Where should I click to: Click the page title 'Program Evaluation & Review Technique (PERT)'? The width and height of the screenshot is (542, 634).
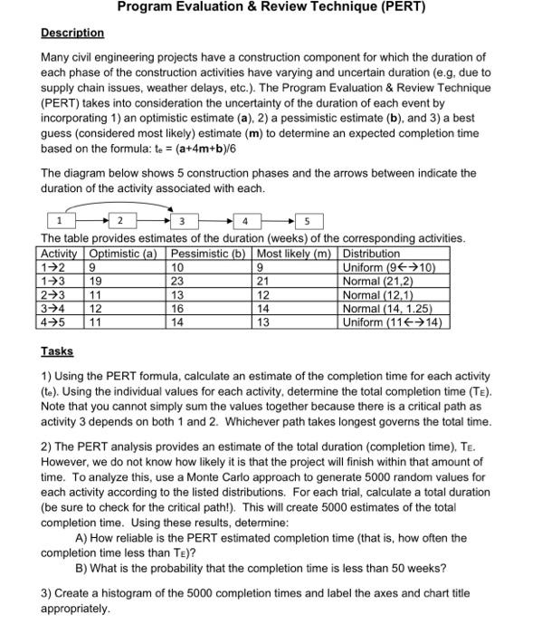click(271, 8)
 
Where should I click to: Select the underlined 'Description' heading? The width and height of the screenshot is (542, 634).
click(72, 33)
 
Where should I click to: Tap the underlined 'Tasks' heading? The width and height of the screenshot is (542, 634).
click(57, 351)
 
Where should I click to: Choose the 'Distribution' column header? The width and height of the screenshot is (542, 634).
click(371, 255)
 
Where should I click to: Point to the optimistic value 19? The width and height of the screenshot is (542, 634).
click(92, 281)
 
